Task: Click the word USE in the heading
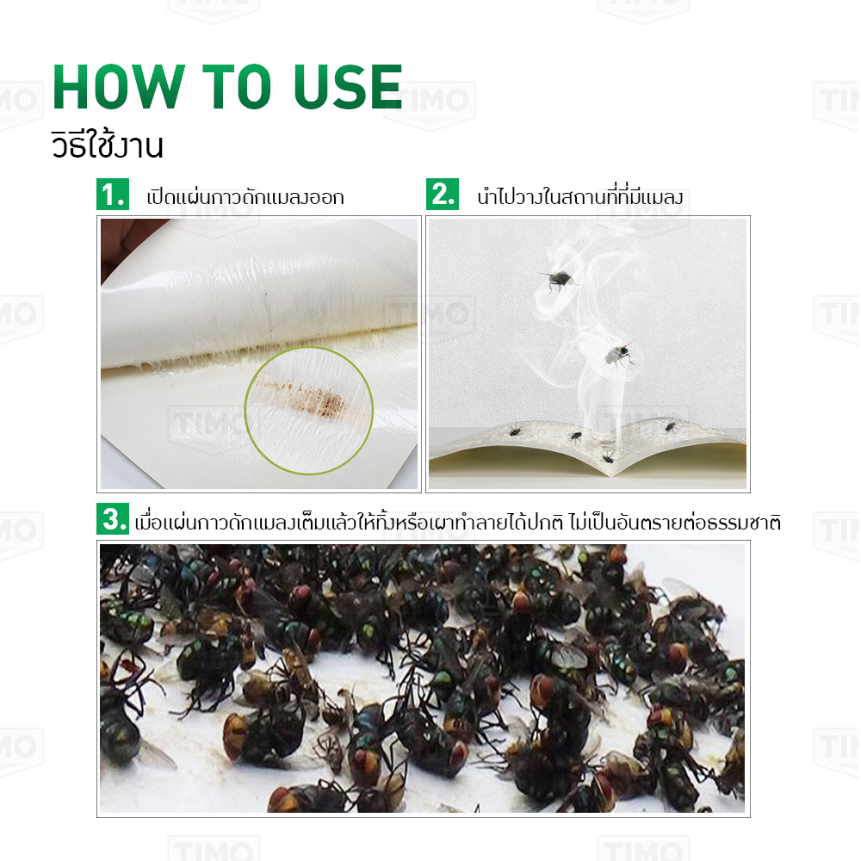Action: point(348,87)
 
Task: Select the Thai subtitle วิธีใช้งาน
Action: point(108,145)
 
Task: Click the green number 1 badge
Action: point(113,194)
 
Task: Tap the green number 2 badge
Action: point(442,194)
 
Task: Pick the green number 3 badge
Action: point(113,518)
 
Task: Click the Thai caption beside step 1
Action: point(245,196)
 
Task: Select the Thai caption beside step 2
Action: point(579,196)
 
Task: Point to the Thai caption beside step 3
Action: point(457,522)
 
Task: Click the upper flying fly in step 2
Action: point(559,280)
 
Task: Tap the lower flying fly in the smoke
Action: point(619,354)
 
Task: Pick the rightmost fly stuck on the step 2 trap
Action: point(670,427)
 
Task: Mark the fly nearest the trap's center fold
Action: point(607,457)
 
